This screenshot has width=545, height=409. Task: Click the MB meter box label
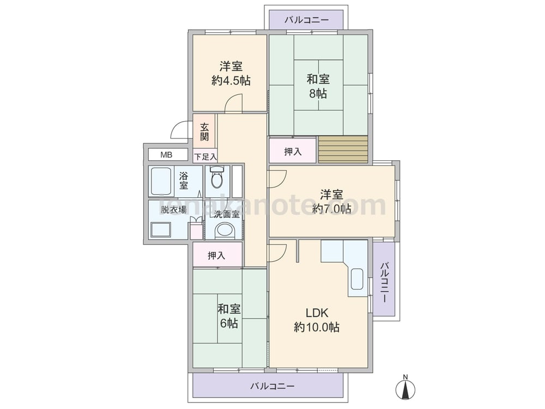click(166, 155)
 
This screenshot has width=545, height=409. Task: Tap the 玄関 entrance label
click(204, 131)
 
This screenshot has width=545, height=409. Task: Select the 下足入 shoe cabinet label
click(205, 157)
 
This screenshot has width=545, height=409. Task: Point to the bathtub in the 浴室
click(161, 182)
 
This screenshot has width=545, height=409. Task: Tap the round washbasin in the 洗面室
click(225, 231)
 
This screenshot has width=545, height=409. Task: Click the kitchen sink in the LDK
click(357, 279)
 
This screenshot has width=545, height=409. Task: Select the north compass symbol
click(405, 387)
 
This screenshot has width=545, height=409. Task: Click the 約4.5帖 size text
click(231, 81)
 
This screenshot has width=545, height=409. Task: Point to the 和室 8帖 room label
click(318, 86)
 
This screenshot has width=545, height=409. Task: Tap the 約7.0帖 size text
click(331, 209)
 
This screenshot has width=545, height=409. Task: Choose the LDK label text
click(317, 312)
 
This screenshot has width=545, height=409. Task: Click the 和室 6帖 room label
click(229, 316)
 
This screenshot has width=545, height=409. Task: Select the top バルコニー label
click(306, 20)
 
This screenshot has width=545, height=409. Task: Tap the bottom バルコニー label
click(272, 386)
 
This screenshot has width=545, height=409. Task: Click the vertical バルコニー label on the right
click(384, 282)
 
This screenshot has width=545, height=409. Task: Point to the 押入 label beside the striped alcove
click(293, 152)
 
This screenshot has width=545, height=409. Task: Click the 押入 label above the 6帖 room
click(216, 256)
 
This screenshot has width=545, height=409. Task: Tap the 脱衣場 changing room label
click(174, 210)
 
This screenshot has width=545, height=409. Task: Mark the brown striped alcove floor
click(343, 149)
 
